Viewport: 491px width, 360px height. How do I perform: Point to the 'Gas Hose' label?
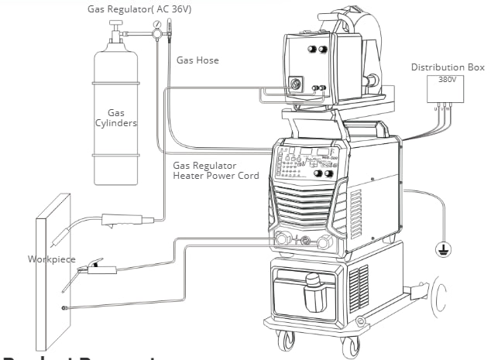point(197,60)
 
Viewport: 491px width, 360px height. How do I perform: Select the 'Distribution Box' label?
point(448,67)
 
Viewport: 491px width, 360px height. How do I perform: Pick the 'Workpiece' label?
point(52,259)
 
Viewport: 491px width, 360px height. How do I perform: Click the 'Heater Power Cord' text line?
point(215,177)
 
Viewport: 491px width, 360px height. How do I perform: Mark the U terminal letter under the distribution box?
point(437,108)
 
